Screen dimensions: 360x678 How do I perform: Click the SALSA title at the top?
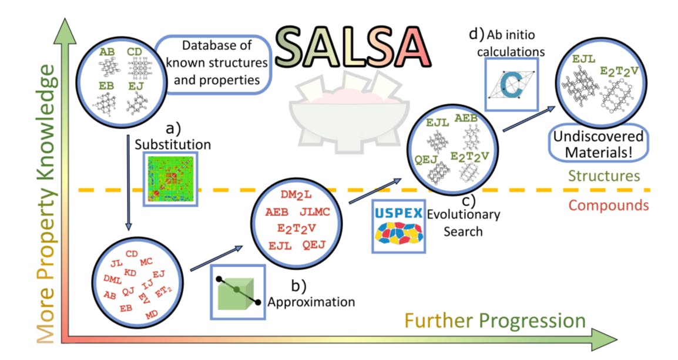pos(351,45)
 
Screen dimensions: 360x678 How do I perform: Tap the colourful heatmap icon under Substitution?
pos(170,178)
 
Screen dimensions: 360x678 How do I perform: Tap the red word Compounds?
pos(608,205)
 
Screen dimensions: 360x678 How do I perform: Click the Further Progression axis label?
pos(494,321)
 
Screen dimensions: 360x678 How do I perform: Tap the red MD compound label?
pos(152,316)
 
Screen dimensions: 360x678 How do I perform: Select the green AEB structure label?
pos(466,119)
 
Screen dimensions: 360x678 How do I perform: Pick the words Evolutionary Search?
pos(463,223)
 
